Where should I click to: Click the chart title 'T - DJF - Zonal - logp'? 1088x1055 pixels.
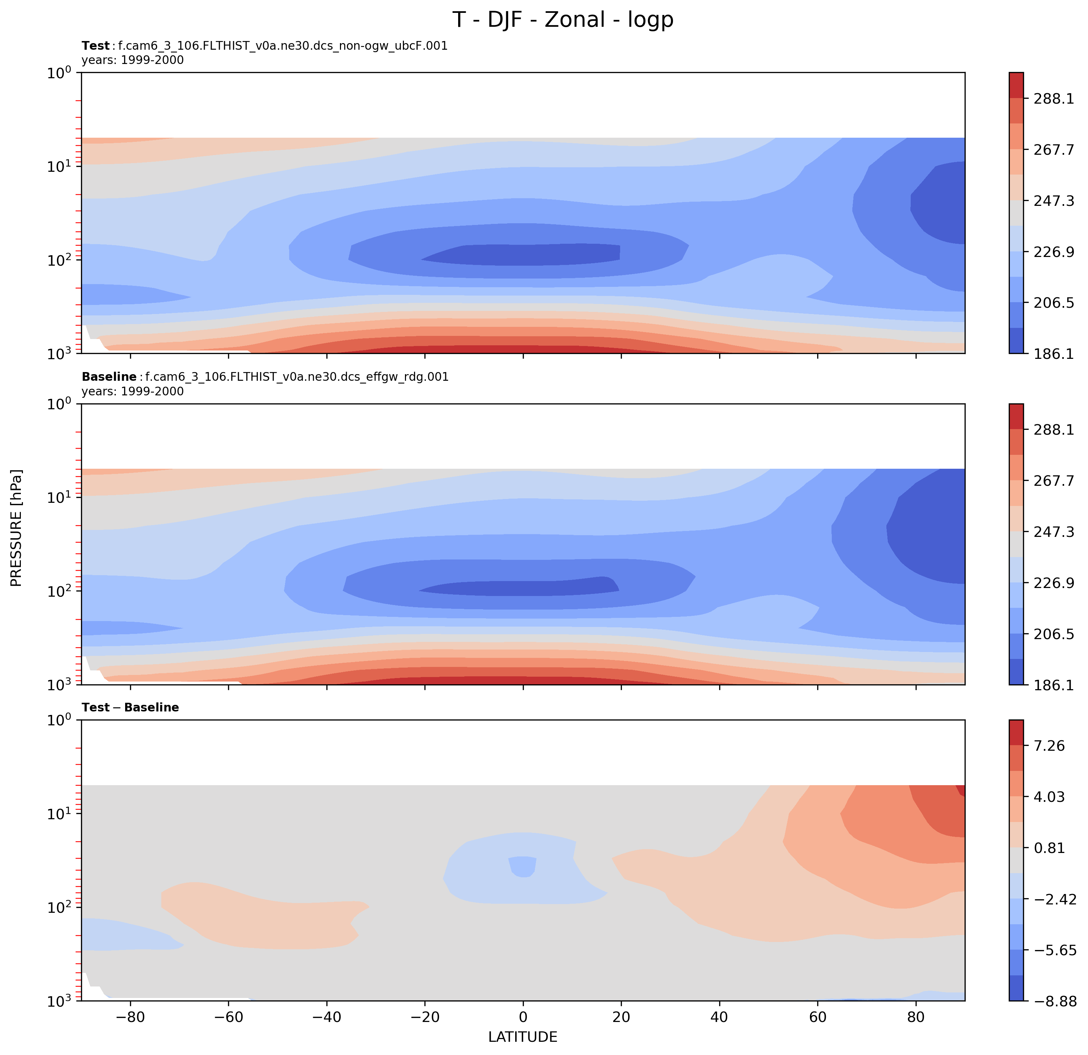563,20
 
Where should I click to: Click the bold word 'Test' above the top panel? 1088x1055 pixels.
96,46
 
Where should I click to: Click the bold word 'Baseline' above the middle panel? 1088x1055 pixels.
109,377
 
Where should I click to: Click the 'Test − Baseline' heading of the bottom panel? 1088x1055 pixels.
130,707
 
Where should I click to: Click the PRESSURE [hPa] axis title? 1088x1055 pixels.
17,527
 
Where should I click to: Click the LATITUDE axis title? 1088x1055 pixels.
522,1037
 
